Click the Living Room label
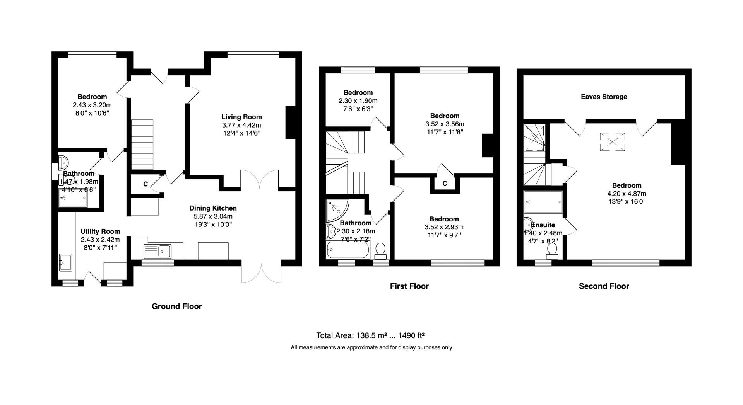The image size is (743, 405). pos(241,117)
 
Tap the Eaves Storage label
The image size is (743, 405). pos(604,97)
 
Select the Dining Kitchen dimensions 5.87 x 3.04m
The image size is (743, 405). pos(213,216)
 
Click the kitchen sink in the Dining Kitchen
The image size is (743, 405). pos(158,251)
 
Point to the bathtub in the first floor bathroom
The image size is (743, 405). pos(348,250)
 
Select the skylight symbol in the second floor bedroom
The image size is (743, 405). pos(612,142)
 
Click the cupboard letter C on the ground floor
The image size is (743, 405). pos(146,184)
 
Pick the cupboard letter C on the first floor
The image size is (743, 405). pos(445,184)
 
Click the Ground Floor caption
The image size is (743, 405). pos(176,306)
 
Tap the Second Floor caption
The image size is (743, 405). pos(604,286)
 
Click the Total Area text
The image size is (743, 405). pos(371,335)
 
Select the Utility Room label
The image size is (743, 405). pos(100,231)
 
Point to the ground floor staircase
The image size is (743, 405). pos(142,145)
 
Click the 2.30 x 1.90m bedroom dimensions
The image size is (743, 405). pos(358,101)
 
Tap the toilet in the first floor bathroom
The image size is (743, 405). pos(380,250)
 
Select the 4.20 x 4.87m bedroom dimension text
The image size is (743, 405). pos(627,194)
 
